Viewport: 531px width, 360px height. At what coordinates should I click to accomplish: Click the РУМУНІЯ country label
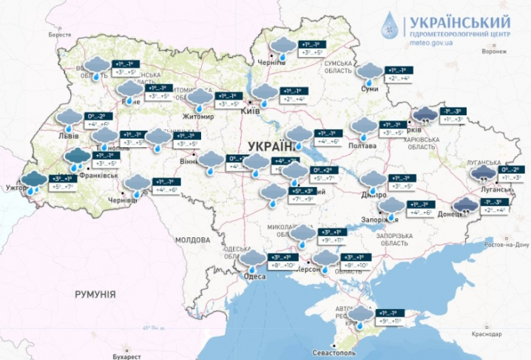pos(95,294)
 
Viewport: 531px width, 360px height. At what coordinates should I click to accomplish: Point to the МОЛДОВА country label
pos(193,240)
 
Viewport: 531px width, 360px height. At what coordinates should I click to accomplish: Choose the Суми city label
pos(369,89)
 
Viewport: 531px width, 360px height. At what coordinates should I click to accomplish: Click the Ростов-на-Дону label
pos(508,243)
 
